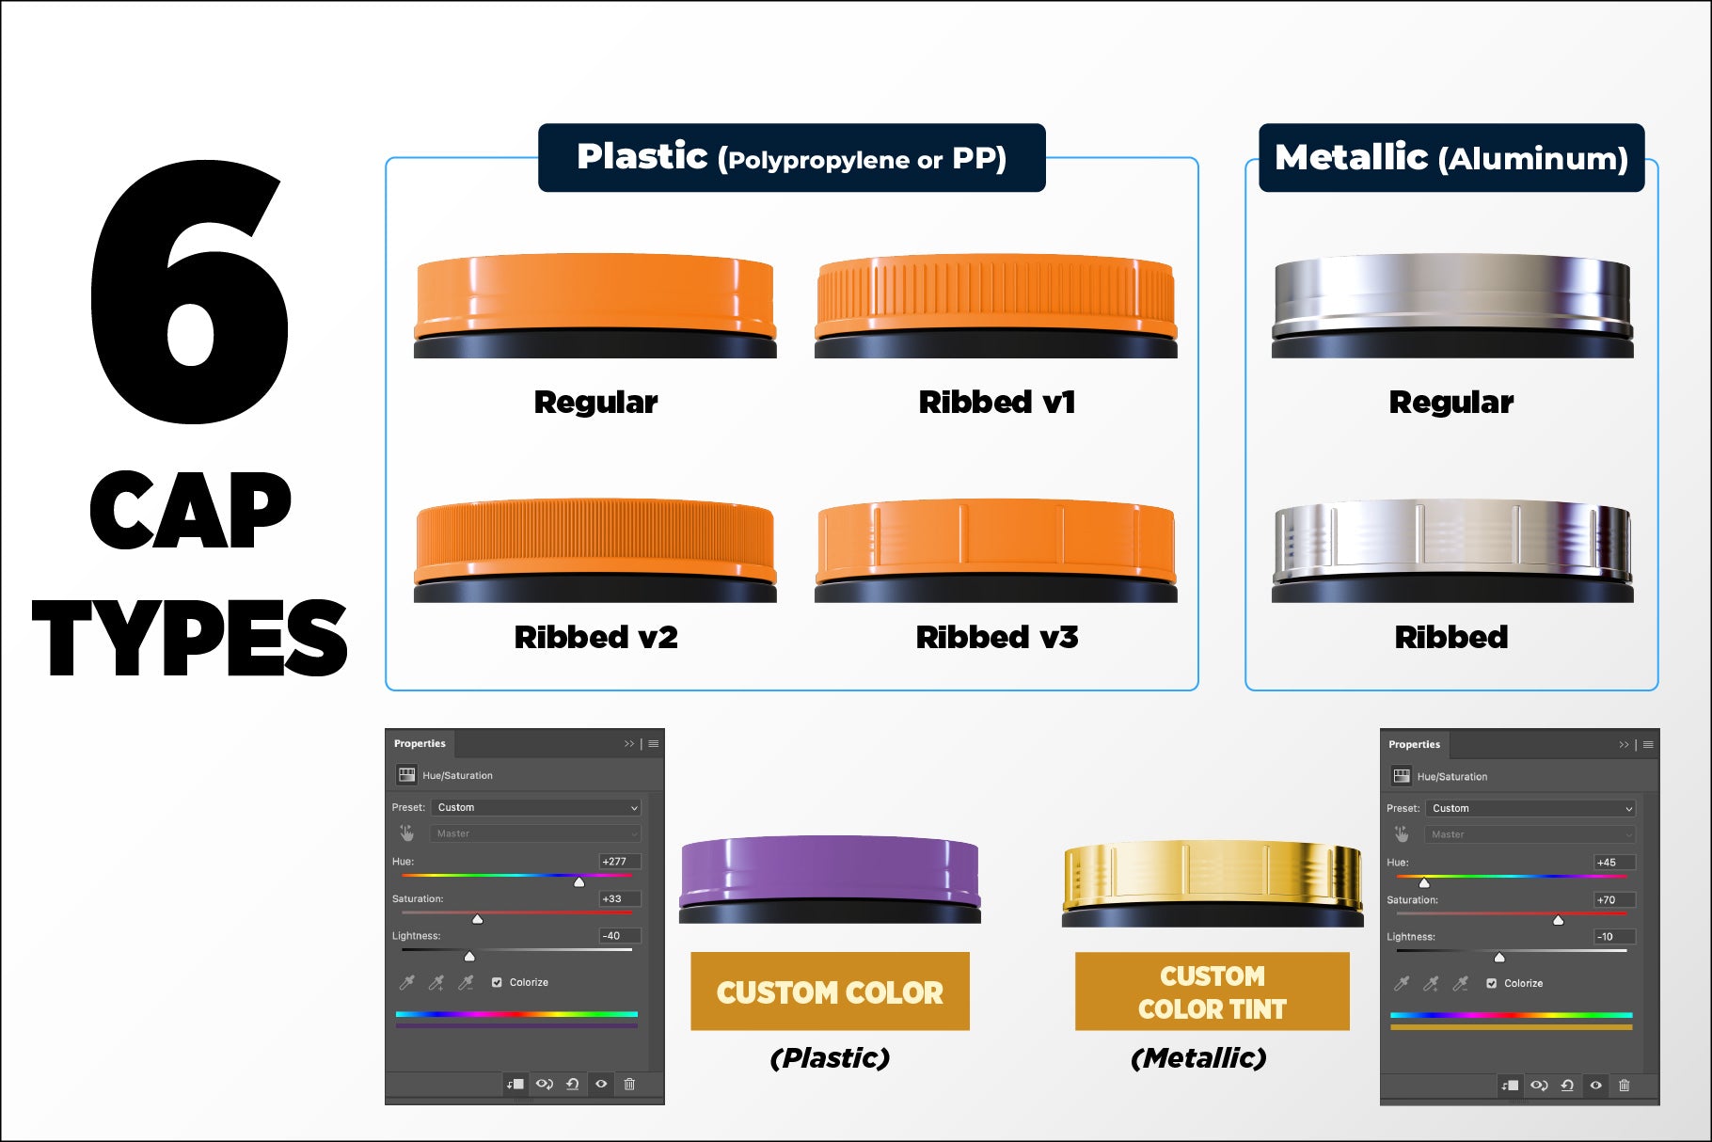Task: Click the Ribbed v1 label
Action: (x=997, y=403)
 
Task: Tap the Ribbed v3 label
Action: (x=997, y=638)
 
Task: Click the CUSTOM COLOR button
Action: (x=830, y=991)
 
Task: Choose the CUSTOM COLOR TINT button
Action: (x=1213, y=991)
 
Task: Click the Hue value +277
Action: (x=614, y=861)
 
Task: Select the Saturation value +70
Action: (x=1607, y=899)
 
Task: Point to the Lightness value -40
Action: (x=612, y=935)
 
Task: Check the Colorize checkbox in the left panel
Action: (x=497, y=982)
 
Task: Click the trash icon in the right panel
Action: (x=1624, y=1085)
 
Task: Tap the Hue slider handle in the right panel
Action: (x=1424, y=883)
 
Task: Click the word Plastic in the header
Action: (x=642, y=157)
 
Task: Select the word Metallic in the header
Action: (x=1352, y=157)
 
